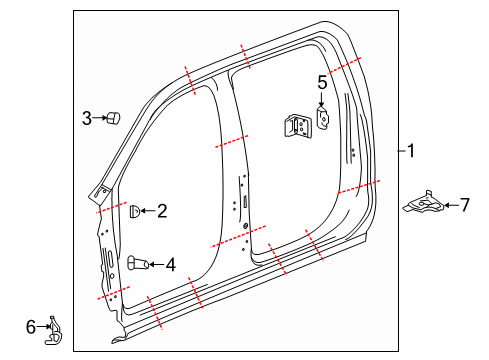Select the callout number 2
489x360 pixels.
(161, 211)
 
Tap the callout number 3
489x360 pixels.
(87, 119)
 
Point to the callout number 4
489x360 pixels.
(170, 265)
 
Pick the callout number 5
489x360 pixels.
(322, 82)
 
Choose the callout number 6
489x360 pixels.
(30, 325)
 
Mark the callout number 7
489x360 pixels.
(463, 205)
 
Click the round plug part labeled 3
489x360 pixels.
(113, 119)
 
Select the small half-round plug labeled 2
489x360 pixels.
(134, 210)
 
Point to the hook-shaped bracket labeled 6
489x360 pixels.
(54, 330)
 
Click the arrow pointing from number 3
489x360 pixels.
(99, 119)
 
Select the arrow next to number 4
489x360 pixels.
(156, 265)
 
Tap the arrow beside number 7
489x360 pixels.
(449, 205)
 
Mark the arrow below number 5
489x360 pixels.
(322, 99)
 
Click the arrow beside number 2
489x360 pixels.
(148, 211)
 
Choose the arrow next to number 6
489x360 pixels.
(41, 326)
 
